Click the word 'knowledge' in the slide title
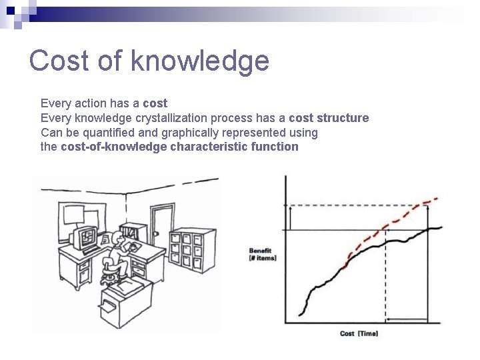pos(199,61)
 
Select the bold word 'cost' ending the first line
pos(155,103)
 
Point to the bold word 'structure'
pos(343,118)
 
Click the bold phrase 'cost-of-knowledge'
pos(113,147)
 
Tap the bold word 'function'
pos(275,147)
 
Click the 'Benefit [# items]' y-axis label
pos(261,254)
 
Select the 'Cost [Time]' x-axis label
pos(359,333)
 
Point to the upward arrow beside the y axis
pos(290,217)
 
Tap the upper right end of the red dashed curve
pos(437,198)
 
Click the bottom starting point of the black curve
pos(300,319)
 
